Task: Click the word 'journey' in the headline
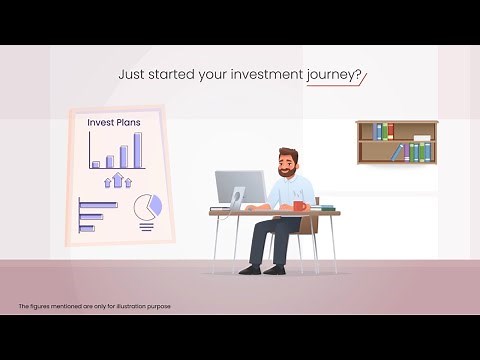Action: pos(335,74)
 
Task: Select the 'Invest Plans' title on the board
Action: pos(114,123)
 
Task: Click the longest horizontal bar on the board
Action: pos(98,204)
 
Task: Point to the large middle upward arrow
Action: pos(118,180)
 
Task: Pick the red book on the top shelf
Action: pos(378,131)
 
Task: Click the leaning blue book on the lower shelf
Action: pos(398,153)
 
